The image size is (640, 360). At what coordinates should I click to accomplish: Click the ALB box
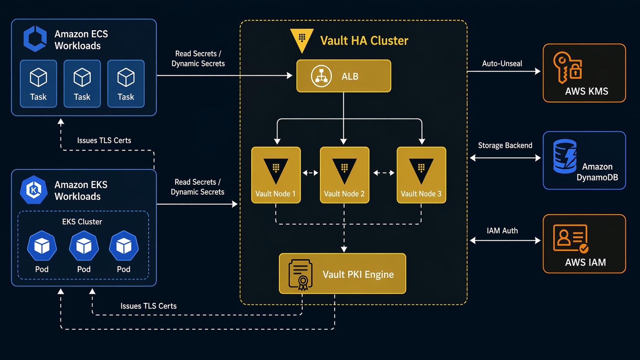343,76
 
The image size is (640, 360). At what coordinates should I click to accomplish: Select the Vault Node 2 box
344,175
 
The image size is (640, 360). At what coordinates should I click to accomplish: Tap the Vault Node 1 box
276,175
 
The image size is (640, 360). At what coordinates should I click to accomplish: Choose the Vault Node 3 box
421,175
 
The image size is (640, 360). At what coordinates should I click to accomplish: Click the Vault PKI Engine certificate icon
301,274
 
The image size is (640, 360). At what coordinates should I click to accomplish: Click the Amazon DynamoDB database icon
565,156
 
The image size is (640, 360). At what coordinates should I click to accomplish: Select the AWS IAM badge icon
570,238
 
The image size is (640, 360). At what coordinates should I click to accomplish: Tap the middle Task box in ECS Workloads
82,83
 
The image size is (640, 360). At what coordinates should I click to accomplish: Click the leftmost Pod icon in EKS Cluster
42,246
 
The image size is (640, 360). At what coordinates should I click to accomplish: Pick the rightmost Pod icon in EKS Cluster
124,246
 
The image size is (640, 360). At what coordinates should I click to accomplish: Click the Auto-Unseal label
502,64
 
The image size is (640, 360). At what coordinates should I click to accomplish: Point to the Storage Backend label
505,145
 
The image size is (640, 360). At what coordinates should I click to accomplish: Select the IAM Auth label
502,231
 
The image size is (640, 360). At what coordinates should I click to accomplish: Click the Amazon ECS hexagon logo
35,39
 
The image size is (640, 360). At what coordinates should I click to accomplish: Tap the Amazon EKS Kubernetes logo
34,190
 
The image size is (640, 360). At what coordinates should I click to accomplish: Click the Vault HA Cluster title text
364,41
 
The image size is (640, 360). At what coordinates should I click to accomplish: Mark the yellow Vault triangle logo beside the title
302,39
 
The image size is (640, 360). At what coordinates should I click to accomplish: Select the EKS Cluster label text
82,222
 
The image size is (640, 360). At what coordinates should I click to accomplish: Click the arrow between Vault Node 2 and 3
383,173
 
